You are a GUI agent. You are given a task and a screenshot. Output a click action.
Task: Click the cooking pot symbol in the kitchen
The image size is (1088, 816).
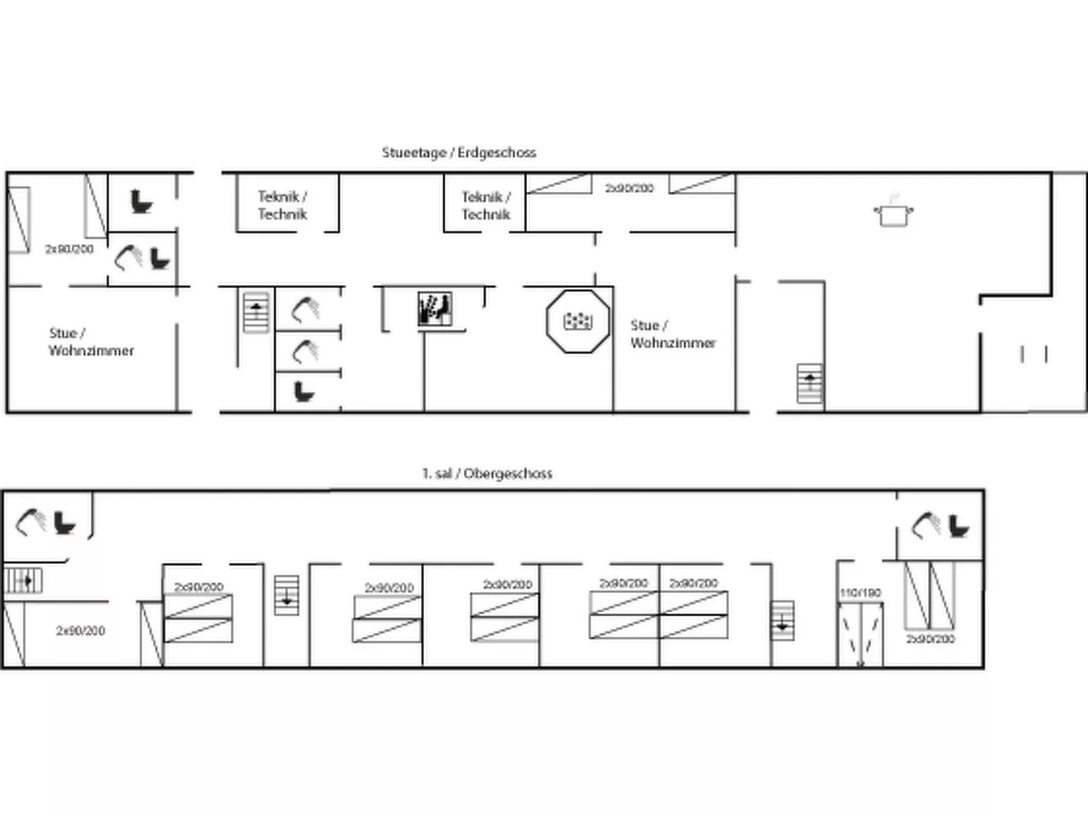point(893,213)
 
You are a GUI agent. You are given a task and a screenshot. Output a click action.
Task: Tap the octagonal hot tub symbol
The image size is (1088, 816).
point(577,321)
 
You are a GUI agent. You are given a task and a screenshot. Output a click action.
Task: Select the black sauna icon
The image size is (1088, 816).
point(434,309)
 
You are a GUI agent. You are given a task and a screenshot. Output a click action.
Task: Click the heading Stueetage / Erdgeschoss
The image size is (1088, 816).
point(459,152)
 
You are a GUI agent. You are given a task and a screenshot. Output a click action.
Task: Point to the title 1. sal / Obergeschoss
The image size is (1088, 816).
point(486,473)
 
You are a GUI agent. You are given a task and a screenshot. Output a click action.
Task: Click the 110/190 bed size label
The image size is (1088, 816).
point(860,593)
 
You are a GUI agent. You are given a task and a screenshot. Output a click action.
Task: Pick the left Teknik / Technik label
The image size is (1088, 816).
point(283,205)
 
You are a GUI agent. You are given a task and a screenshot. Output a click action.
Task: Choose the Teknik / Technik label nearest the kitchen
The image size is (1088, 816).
point(486,205)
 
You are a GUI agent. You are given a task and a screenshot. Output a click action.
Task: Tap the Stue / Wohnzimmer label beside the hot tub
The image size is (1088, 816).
point(672,334)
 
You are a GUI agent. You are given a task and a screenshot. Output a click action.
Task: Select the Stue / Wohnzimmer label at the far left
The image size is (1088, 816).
point(91,342)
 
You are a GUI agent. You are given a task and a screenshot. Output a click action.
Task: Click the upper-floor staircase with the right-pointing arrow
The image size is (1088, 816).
point(24,580)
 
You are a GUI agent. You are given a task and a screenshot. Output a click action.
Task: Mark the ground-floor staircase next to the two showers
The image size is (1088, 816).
point(256,312)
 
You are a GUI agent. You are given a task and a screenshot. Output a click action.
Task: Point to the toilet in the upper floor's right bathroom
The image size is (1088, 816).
point(959,526)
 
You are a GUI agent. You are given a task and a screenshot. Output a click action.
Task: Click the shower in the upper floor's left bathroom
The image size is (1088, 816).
point(30,521)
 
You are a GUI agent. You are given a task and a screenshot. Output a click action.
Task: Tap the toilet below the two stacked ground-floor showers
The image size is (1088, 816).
point(304,391)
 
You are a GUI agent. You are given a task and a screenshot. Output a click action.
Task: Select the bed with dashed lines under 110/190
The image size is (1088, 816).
point(860,634)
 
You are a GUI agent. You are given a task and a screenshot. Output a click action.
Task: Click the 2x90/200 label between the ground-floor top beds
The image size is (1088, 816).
point(629,188)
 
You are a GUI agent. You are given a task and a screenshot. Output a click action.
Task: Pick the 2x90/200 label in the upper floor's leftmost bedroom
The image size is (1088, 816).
point(80,630)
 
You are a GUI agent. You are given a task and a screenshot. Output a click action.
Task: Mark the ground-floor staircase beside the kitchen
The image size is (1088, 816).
point(810,384)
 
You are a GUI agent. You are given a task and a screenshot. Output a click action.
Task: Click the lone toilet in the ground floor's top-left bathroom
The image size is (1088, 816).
point(141,202)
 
